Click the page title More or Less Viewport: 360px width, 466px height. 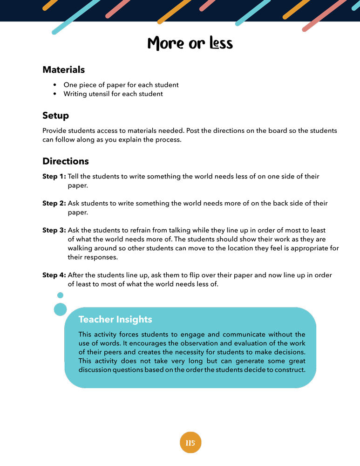pos(190,43)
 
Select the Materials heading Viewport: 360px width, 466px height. pos(63,70)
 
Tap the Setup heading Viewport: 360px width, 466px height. pos(55,116)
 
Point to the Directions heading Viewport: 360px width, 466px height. pos(65,161)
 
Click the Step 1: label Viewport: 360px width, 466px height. pos(54,177)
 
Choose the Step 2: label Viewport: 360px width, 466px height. pos(54,204)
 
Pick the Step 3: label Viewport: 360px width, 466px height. pos(54,231)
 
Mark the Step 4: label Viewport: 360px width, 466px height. pos(54,275)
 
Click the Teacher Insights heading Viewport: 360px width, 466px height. pos(115,320)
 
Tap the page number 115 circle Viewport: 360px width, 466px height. pos(190,443)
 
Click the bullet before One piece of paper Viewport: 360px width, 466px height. pos(55,85)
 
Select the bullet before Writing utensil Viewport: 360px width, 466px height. pos(55,94)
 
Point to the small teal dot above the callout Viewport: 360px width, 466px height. pos(60,295)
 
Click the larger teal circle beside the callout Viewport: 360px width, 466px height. pos(61,309)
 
